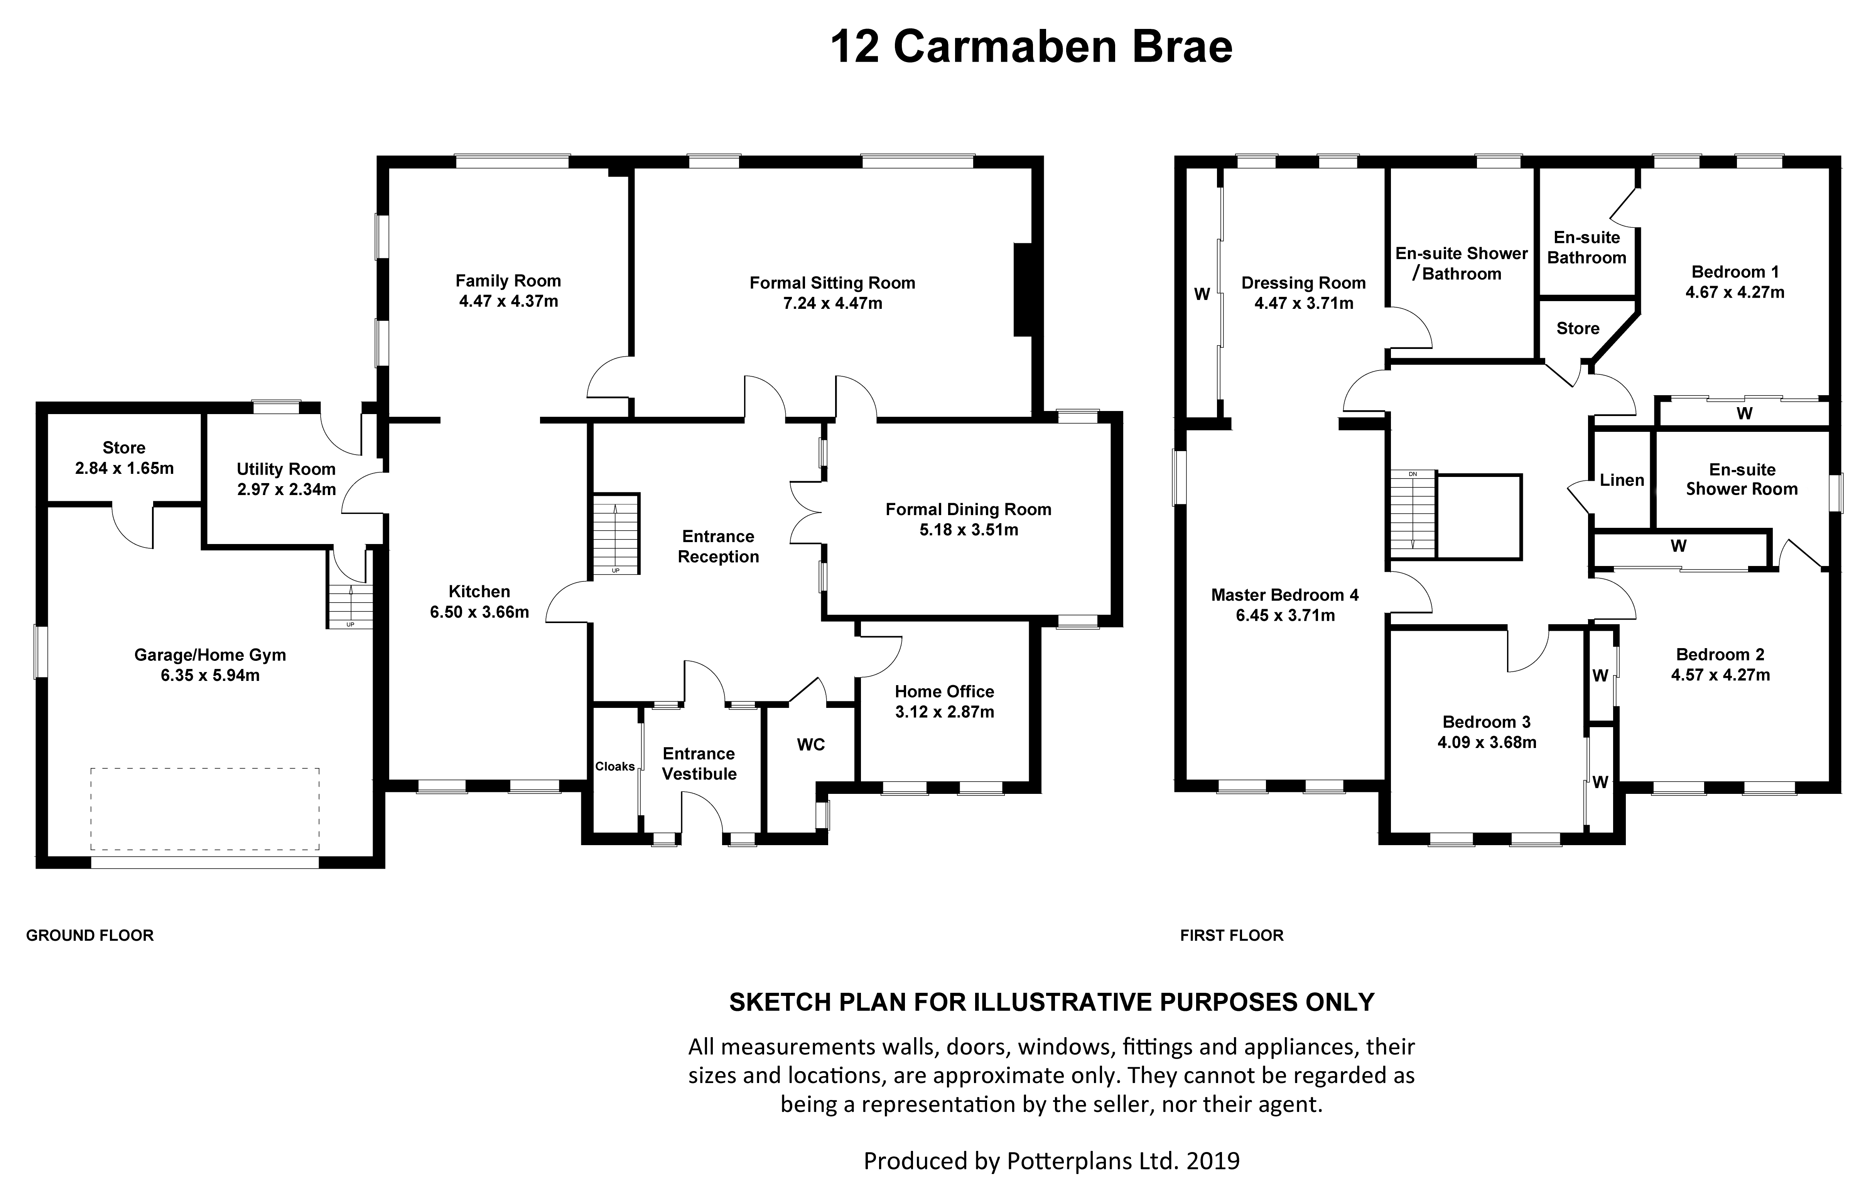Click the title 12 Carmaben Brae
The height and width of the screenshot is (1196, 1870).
click(x=1031, y=47)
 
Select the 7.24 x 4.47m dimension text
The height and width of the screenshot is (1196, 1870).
click(x=832, y=304)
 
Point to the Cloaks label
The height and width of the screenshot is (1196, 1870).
click(x=614, y=766)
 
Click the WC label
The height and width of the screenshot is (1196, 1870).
click(x=810, y=745)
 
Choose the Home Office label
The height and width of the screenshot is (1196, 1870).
click(x=944, y=691)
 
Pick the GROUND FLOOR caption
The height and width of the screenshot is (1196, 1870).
click(x=90, y=936)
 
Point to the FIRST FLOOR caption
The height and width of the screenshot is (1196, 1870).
click(x=1231, y=936)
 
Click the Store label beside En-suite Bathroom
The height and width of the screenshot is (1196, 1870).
click(x=1577, y=328)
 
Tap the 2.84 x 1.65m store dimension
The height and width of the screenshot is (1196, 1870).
click(x=124, y=468)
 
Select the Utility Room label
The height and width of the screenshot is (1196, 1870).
click(x=286, y=469)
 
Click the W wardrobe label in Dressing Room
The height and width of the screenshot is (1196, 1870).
click(x=1202, y=294)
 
